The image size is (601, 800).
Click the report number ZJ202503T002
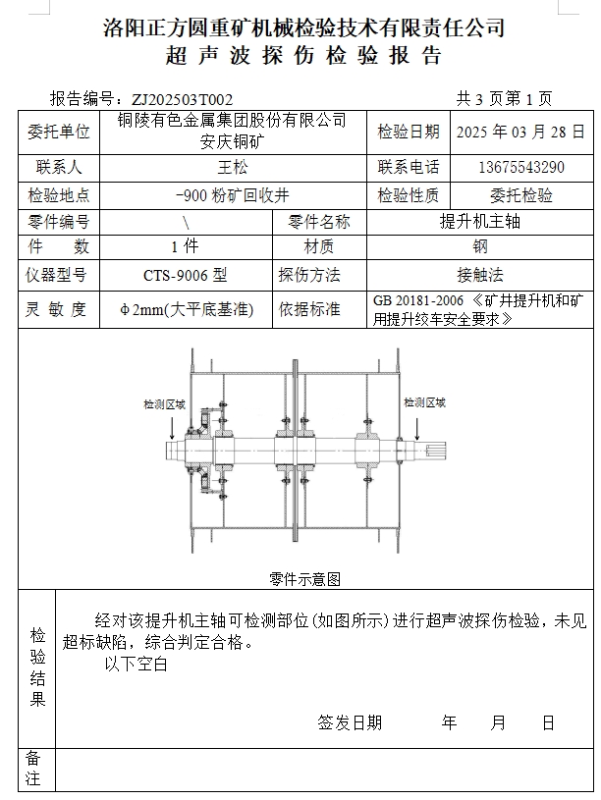183,99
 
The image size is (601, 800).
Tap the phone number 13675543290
520,168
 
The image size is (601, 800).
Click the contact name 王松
232,168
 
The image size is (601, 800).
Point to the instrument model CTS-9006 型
186,275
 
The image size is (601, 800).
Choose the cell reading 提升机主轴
479,222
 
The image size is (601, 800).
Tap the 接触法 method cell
479,275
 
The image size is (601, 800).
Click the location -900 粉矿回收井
232,195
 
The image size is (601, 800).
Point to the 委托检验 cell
520,195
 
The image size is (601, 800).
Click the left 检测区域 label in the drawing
164,403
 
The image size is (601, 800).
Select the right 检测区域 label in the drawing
424,402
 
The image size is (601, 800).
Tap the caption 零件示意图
304,578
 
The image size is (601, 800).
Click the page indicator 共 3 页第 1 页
505,99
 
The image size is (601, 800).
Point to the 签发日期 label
350,723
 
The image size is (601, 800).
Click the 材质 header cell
319,246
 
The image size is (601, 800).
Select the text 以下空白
137,665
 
